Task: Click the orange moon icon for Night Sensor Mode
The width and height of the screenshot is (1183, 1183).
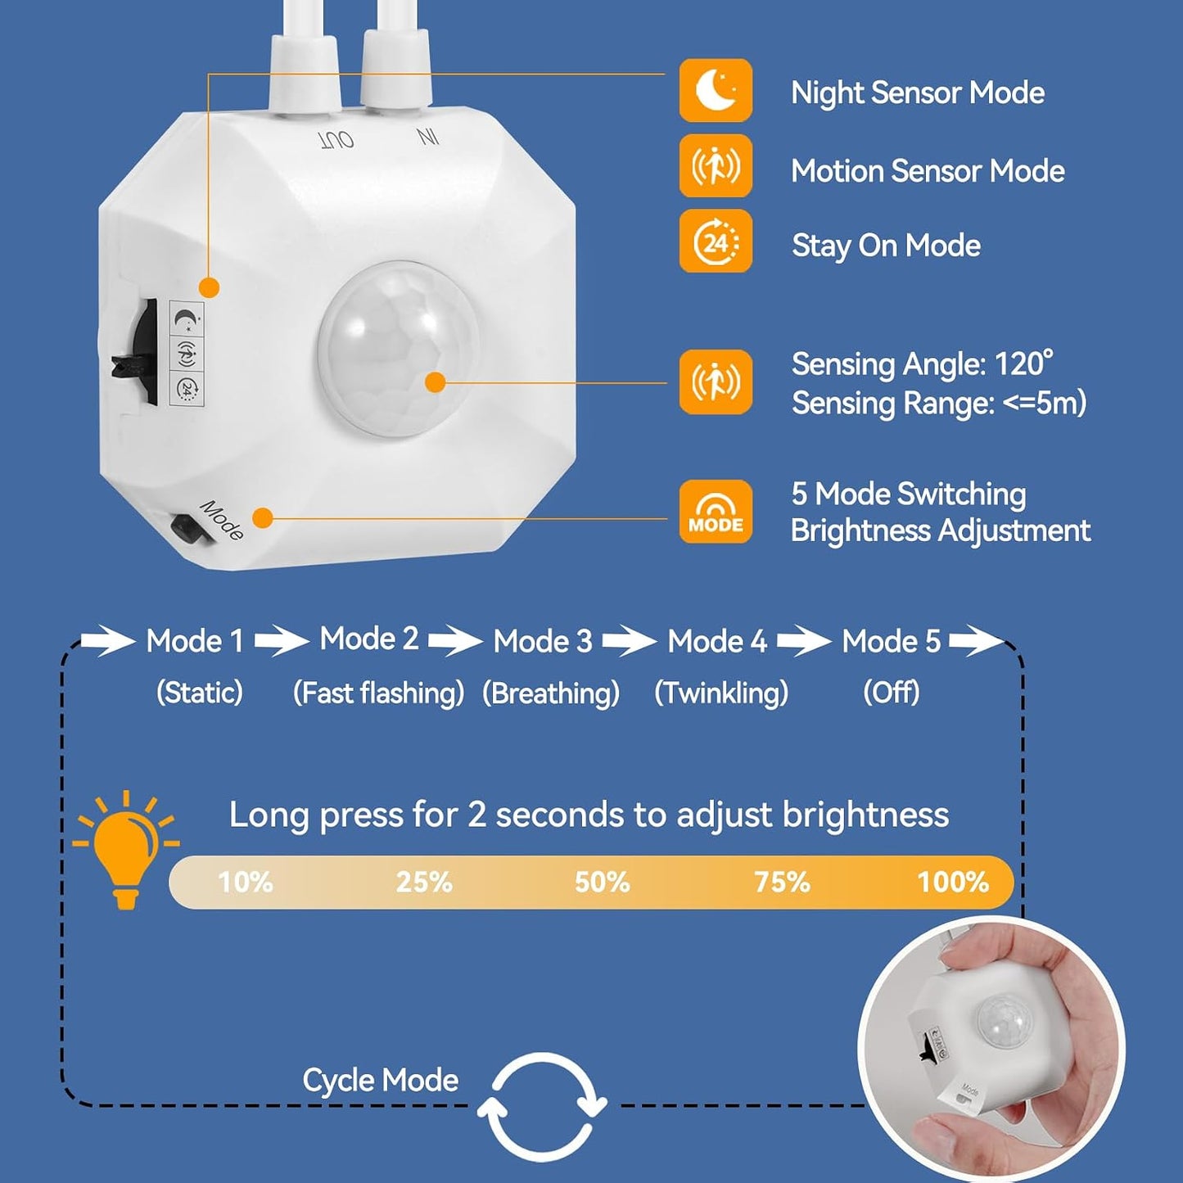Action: pyautogui.click(x=716, y=91)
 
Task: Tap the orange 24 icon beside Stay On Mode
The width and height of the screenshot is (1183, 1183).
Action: pyautogui.click(x=716, y=242)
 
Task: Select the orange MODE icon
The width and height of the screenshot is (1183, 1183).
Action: pyautogui.click(x=716, y=512)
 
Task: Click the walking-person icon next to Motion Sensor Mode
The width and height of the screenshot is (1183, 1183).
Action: pyautogui.click(x=716, y=165)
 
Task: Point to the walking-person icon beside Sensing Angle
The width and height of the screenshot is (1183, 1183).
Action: pyautogui.click(x=716, y=382)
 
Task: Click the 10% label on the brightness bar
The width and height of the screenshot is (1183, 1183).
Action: pyautogui.click(x=246, y=883)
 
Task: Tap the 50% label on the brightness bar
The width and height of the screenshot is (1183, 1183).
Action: pyautogui.click(x=603, y=883)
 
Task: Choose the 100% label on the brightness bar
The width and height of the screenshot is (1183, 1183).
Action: pyautogui.click(x=953, y=883)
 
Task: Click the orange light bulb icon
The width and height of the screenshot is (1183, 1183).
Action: pyautogui.click(x=126, y=850)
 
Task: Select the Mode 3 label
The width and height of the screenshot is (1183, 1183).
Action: pyautogui.click(x=544, y=642)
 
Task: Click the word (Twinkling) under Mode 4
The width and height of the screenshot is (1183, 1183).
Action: pyautogui.click(x=721, y=693)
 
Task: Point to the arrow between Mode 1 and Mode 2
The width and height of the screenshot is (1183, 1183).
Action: pyautogui.click(x=282, y=641)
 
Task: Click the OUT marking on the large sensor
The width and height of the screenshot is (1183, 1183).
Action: pyautogui.click(x=336, y=140)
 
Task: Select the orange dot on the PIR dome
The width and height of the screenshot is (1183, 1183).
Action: pyautogui.click(x=436, y=382)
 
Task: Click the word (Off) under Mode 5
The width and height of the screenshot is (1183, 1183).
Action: pyautogui.click(x=892, y=693)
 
